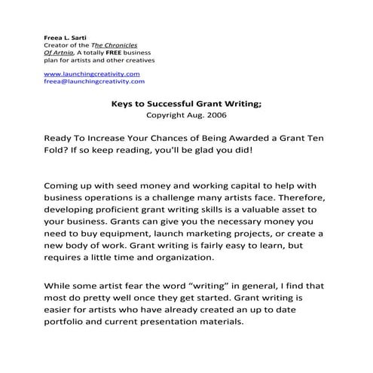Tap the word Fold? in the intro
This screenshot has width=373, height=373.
point(59,154)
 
